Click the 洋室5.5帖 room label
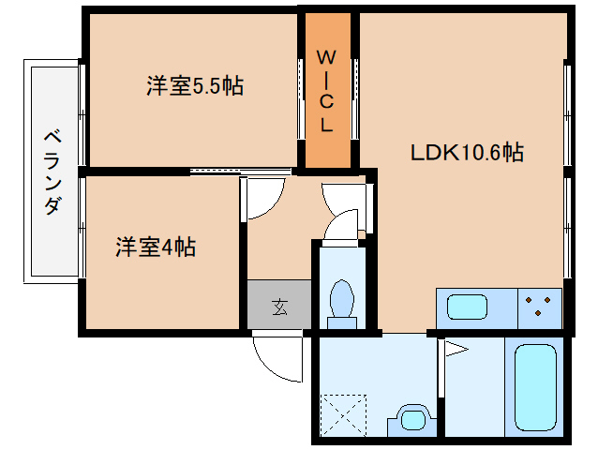tap(195, 86)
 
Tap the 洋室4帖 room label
tap(156, 247)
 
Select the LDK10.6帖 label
tap(466, 153)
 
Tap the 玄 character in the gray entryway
tap(279, 306)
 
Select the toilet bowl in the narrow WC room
tap(341, 300)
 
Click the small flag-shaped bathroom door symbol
tap(456, 352)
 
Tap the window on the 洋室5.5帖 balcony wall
tap(82, 113)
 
